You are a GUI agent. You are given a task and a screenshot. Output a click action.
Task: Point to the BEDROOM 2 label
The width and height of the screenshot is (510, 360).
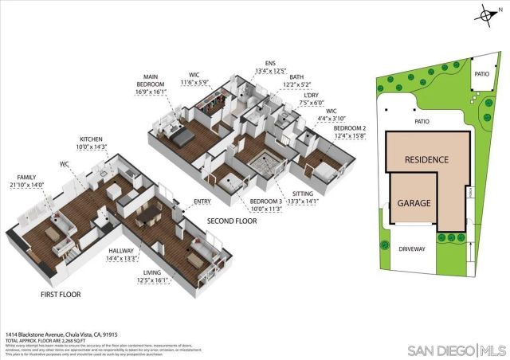(x=350, y=128)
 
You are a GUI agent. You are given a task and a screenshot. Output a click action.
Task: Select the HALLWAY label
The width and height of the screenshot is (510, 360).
(x=122, y=250)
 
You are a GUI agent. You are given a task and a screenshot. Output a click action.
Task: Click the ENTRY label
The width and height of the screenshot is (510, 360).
(x=202, y=202)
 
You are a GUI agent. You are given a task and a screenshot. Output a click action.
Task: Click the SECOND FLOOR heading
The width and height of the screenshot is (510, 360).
(x=232, y=221)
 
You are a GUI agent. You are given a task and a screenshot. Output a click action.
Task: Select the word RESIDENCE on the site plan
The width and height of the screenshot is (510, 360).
(x=426, y=159)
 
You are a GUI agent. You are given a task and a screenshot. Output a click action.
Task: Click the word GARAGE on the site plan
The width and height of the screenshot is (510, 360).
(x=414, y=203)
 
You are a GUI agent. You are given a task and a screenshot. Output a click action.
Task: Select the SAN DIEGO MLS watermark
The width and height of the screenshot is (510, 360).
(x=455, y=350)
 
